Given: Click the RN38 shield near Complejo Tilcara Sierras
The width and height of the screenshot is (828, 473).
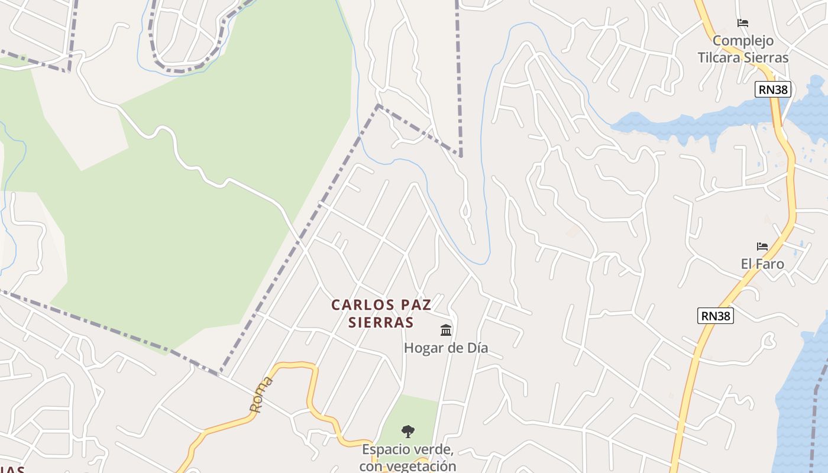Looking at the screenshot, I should (x=772, y=89).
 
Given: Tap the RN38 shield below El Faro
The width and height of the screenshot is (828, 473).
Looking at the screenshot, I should (x=716, y=316).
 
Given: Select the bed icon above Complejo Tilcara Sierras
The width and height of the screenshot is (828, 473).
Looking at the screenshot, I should (x=743, y=23).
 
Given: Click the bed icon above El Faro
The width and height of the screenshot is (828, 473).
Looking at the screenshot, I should (x=762, y=246).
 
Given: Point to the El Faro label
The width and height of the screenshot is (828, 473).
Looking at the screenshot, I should (x=762, y=264).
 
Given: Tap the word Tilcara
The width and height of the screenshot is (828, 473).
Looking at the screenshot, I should (x=722, y=57).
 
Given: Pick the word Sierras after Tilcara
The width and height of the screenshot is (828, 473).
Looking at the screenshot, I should (x=768, y=57).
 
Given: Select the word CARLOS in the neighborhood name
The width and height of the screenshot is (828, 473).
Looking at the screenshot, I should (x=358, y=305).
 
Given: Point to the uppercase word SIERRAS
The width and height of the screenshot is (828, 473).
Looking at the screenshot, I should (x=381, y=322).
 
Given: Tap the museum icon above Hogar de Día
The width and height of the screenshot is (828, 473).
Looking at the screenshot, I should (x=446, y=330).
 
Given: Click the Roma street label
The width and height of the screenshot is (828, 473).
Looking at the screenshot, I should (x=261, y=394).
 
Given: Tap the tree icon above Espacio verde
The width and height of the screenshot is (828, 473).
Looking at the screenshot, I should (x=407, y=431).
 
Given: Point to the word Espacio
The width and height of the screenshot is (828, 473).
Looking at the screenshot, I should (x=386, y=449).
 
